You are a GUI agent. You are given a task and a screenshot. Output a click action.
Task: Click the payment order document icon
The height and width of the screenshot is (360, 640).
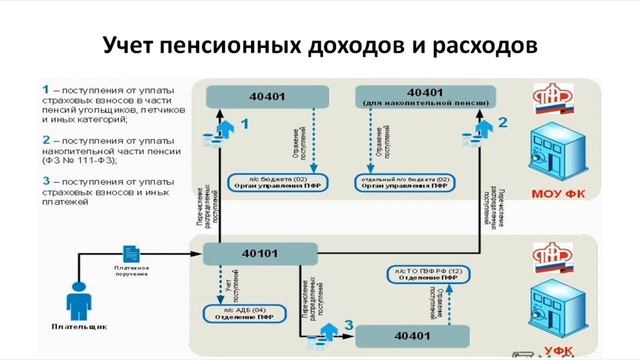(129, 254)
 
